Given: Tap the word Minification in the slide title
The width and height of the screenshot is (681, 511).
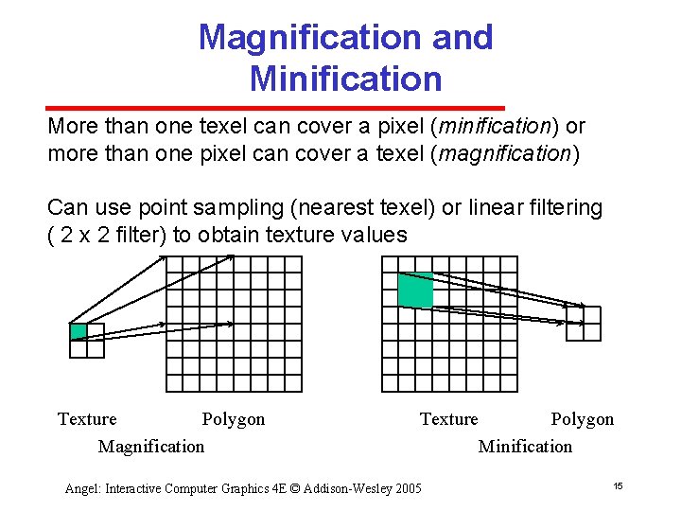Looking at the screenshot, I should (x=345, y=79).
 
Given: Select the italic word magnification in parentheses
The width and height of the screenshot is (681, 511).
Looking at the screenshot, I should (x=502, y=155).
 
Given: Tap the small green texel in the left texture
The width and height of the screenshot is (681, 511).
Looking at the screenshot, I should (x=79, y=331).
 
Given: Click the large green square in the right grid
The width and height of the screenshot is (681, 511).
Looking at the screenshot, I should (x=415, y=290).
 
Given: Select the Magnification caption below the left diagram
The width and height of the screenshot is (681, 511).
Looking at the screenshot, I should (x=150, y=446).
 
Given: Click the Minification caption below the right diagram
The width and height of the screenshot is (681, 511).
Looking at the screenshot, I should (x=525, y=446).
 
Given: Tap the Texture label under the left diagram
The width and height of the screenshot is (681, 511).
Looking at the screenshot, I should (x=87, y=419).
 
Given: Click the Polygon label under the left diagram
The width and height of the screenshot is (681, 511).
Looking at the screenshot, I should (x=234, y=419).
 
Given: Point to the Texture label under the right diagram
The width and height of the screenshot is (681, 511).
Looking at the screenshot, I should (x=449, y=419).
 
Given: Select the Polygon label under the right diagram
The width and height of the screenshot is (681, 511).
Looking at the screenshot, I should (x=583, y=419).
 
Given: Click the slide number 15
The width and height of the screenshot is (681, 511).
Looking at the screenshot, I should (x=617, y=486).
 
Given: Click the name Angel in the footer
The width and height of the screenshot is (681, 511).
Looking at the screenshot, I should (x=82, y=489).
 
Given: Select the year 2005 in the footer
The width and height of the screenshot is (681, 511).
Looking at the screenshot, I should (x=406, y=488).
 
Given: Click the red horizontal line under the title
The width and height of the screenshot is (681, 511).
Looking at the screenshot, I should (x=275, y=108).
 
